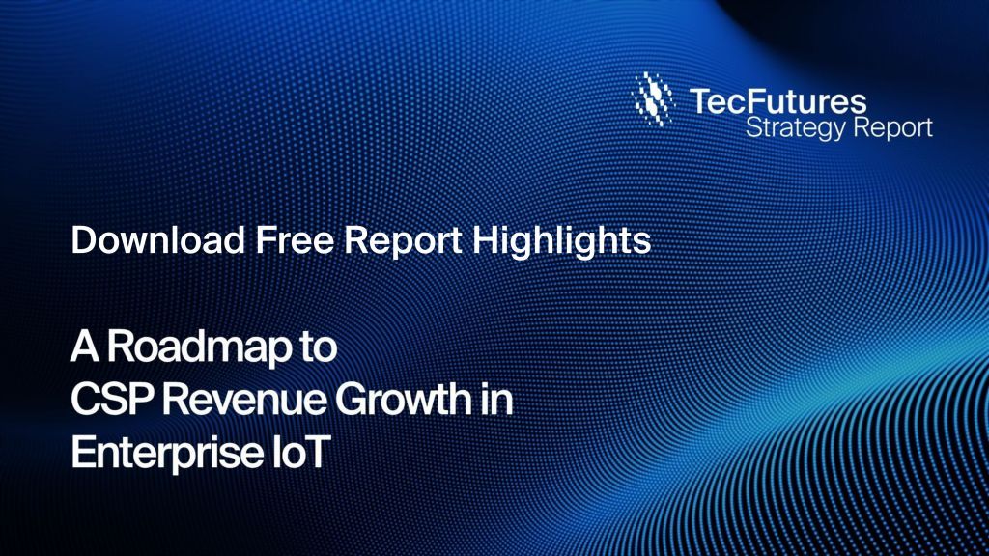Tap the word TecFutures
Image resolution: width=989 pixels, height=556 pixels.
tap(777, 99)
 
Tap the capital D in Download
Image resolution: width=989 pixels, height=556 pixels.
tap(80, 240)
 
